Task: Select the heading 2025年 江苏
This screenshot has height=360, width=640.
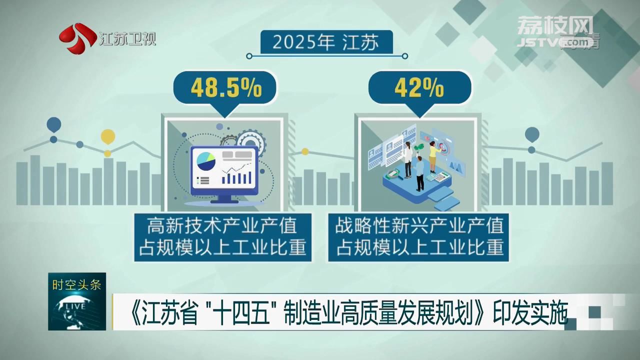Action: pyautogui.click(x=325, y=43)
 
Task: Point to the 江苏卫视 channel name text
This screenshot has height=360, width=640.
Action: pyautogui.click(x=127, y=39)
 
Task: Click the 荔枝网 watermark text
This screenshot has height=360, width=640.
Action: pyautogui.click(x=554, y=24)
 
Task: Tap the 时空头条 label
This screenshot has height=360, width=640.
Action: pyautogui.click(x=76, y=285)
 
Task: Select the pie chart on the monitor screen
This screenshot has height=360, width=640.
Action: pyautogui.click(x=206, y=161)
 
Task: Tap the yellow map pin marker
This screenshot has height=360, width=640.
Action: pyautogui.click(x=107, y=136)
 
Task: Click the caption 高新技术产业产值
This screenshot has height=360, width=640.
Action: pyautogui.click(x=221, y=226)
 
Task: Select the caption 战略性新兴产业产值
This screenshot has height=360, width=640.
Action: pyautogui.click(x=419, y=226)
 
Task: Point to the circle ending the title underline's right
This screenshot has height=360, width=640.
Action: pyautogui.click(x=405, y=56)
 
